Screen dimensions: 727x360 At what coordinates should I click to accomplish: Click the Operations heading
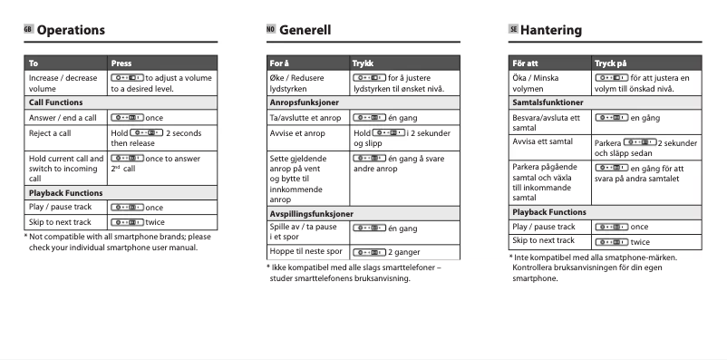coord(71,30)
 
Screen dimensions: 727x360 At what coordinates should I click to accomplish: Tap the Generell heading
coord(305,30)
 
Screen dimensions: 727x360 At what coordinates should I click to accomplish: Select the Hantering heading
coord(551,30)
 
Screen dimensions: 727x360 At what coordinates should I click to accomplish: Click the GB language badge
coord(28,30)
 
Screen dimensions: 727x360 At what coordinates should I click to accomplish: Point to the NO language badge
coord(270,30)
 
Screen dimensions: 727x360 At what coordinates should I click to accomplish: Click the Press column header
coord(121,63)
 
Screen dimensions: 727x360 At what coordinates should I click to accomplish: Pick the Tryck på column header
coord(610,63)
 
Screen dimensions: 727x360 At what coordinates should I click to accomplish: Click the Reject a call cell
coord(50,133)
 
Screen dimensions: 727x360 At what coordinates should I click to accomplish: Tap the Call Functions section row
coord(57,102)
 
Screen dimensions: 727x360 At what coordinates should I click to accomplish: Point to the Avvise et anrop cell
coord(297,133)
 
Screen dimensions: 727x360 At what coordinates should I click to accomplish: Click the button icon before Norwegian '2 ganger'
coord(370,251)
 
